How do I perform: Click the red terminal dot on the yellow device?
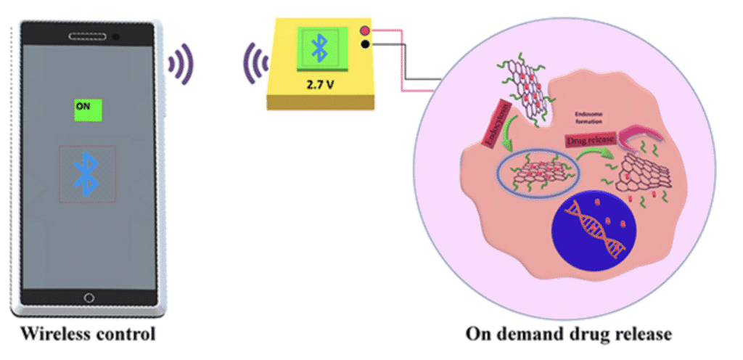[x=364, y=30]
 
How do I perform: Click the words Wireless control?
[x=88, y=335]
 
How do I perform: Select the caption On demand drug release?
[x=568, y=335]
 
